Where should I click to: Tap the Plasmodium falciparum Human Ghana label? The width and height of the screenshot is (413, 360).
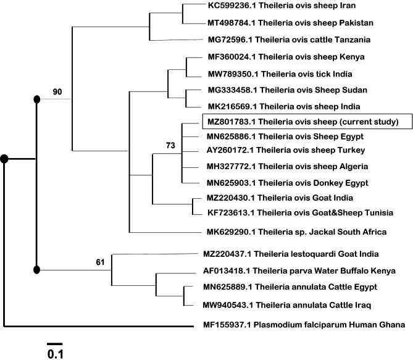pos(304,324)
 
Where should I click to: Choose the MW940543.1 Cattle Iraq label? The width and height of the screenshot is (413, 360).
pos(287,304)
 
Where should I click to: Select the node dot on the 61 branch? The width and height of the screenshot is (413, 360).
pos(36,269)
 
